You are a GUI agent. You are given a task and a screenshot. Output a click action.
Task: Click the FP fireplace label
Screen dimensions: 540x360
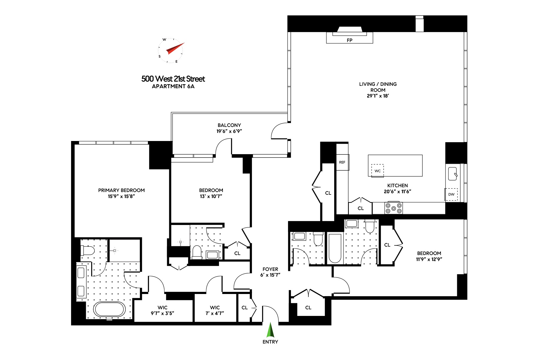click(x=349, y=40)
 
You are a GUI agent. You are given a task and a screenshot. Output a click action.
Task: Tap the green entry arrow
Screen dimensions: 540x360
click(x=271, y=330)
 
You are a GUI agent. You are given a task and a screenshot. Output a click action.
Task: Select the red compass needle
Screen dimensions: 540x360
click(x=175, y=49)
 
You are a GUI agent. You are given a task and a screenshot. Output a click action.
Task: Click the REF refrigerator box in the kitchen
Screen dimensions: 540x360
click(x=342, y=162)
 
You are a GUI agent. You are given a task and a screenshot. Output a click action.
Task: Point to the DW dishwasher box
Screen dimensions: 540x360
click(x=451, y=194)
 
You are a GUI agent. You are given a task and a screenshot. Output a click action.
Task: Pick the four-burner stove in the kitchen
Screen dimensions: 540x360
click(x=394, y=208)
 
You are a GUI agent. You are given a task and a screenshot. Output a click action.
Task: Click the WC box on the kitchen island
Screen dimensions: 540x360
click(x=378, y=171)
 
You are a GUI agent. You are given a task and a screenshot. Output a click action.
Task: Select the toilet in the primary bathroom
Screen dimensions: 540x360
click(x=88, y=250)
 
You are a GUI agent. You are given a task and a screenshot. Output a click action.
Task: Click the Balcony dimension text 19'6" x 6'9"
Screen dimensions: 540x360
click(x=229, y=131)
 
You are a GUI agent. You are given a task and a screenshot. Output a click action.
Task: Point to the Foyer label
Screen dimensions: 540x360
click(x=270, y=269)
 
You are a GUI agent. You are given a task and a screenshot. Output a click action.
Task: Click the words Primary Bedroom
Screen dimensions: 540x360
click(x=121, y=190)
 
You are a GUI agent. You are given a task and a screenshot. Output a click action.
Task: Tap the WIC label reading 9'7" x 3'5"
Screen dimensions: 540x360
click(x=163, y=313)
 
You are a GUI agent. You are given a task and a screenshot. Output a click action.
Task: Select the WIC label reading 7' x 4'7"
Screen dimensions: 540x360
click(x=215, y=313)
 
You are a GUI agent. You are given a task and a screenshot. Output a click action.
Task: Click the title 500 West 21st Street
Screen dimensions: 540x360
click(x=173, y=79)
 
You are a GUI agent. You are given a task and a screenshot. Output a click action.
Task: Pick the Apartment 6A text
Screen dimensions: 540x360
click(x=173, y=86)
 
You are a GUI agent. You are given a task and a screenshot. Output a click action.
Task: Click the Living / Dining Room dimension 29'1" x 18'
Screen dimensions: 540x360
click(x=378, y=96)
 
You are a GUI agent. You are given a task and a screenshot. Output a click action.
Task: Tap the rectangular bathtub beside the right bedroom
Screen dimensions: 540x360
click(x=335, y=249)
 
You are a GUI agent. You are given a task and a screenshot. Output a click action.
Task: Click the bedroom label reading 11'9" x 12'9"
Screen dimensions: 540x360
click(x=429, y=259)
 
